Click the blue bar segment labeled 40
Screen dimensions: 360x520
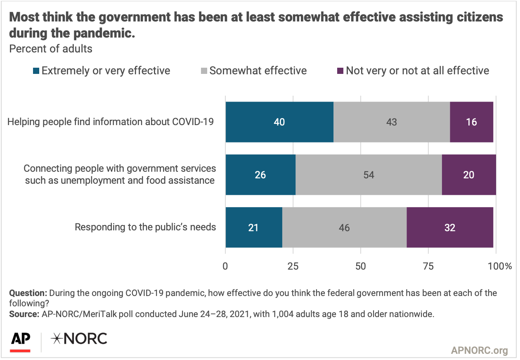click(x=279, y=122)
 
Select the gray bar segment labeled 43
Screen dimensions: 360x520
click(x=392, y=122)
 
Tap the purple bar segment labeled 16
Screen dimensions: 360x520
click(x=471, y=122)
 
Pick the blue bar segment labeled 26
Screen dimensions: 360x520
click(x=260, y=175)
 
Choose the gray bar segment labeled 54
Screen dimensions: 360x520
click(x=369, y=175)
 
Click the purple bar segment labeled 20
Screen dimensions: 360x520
click(x=468, y=175)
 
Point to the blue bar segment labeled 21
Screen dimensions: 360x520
click(x=253, y=227)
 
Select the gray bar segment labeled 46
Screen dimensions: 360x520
click(x=344, y=227)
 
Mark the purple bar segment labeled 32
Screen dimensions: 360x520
click(x=450, y=227)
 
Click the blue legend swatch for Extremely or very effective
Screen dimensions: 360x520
click(x=36, y=71)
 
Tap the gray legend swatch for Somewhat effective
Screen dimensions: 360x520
click(x=204, y=71)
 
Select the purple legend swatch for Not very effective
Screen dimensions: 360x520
click(x=340, y=71)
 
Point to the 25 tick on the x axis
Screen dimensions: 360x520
click(x=293, y=266)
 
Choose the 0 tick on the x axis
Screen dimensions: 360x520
click(x=225, y=266)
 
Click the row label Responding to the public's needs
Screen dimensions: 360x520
click(x=145, y=227)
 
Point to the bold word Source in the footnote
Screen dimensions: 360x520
click(x=23, y=314)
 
